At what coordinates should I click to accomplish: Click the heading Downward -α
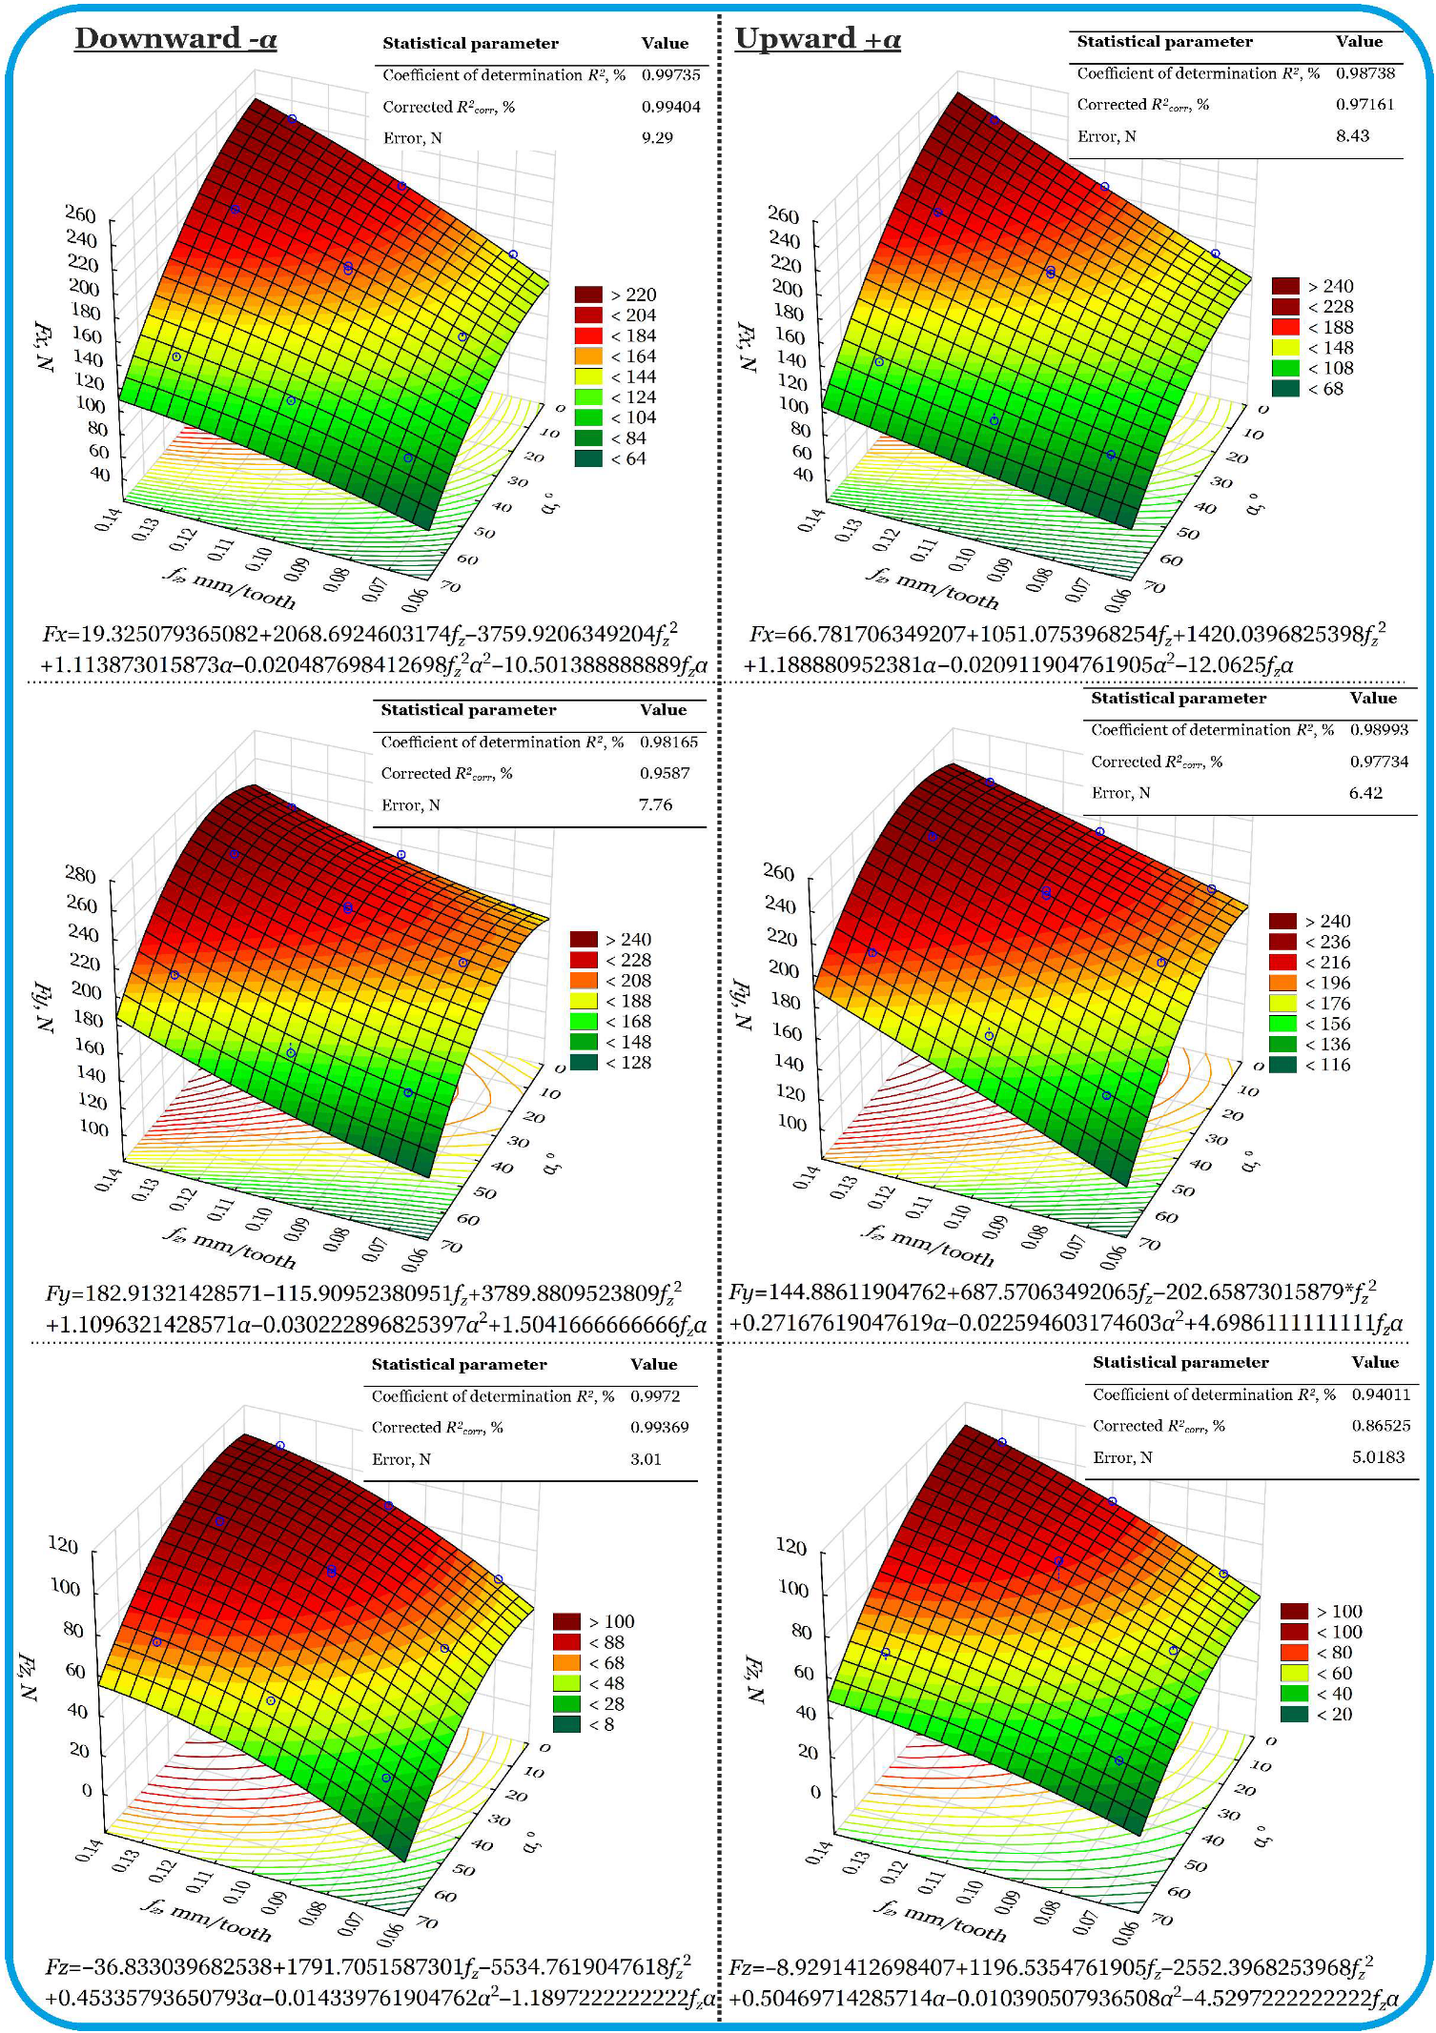point(175,39)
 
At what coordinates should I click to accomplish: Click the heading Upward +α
point(817,39)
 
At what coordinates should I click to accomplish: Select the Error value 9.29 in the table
point(657,138)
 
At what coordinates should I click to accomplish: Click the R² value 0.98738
point(1364,73)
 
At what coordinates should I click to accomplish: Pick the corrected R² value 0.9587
point(664,773)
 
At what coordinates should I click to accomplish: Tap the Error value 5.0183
point(1377,1457)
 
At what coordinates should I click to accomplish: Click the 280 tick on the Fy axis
point(80,875)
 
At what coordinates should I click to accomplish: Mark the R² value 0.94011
point(1380,1394)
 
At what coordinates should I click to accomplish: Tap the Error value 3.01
point(646,1459)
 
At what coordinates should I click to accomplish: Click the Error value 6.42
point(1365,793)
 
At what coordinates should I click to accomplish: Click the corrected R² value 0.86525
point(1380,1426)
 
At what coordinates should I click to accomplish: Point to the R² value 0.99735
point(670,75)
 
